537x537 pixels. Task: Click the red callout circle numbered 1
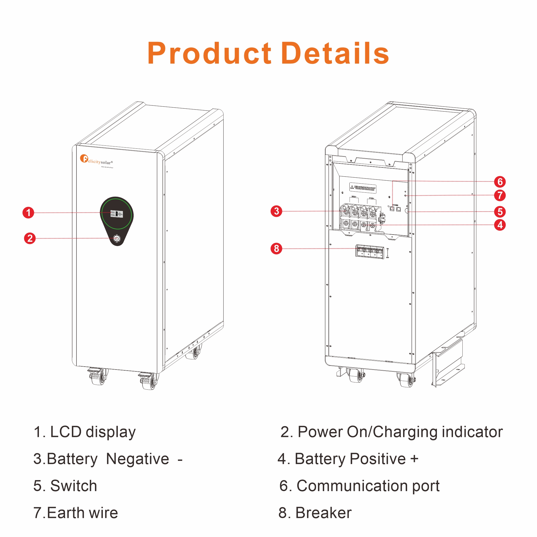[28, 213]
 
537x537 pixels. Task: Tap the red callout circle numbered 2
[30, 238]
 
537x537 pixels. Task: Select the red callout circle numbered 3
[276, 211]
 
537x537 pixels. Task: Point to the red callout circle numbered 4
[500, 225]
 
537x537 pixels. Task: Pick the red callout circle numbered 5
[500, 211]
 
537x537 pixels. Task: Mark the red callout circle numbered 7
[500, 195]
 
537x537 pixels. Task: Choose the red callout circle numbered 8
[276, 248]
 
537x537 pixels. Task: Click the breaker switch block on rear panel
[370, 252]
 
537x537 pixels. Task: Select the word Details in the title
[335, 53]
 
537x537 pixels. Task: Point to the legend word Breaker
[323, 513]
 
